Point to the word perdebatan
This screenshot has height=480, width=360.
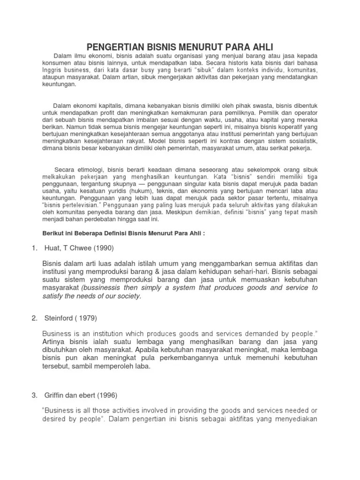[x=109, y=219]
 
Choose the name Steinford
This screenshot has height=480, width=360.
[x=58, y=318]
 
